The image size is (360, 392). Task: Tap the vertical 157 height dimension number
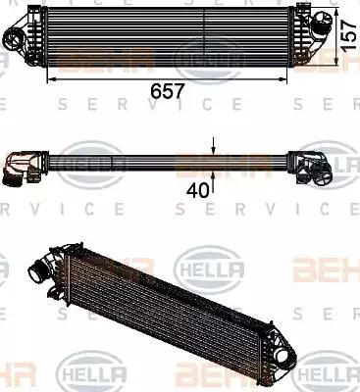348,35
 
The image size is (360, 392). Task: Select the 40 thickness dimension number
200,189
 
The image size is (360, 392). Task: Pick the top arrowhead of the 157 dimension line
334,9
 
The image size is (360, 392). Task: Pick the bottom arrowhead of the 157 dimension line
334,63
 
